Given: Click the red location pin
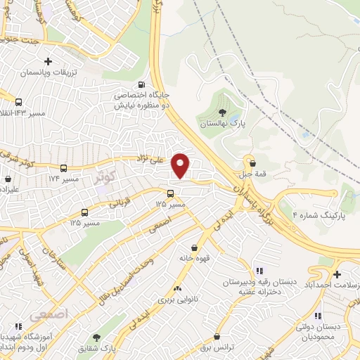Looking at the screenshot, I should tap(181, 165).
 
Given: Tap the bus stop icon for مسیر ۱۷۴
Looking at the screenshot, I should tap(64, 169).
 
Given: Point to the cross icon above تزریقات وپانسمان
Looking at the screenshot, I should tap(48, 62).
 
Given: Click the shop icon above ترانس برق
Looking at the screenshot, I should tap(216, 337).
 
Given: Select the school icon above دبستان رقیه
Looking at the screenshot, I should tap(259, 271).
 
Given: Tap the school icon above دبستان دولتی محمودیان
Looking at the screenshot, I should tap(318, 316).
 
